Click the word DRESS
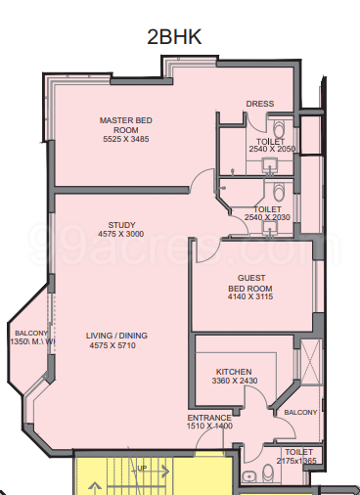click(x=260, y=104)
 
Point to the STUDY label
click(x=121, y=223)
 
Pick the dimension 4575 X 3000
click(x=121, y=234)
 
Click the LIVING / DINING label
click(x=119, y=335)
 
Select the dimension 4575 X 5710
click(x=119, y=345)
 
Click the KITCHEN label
click(x=235, y=372)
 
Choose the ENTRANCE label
click(x=209, y=418)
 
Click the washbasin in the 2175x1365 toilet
click(x=251, y=476)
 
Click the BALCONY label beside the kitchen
click(x=300, y=413)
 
